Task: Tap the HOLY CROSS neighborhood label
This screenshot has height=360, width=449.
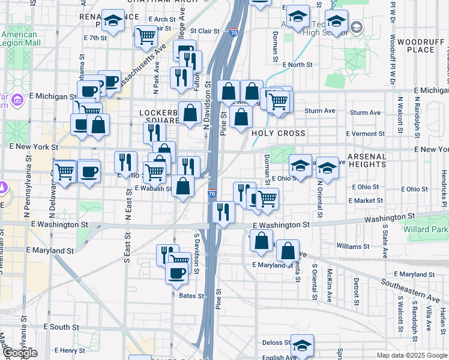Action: tap(279, 133)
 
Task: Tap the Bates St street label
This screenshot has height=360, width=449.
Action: tap(193, 296)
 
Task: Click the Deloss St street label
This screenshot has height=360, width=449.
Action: tap(276, 343)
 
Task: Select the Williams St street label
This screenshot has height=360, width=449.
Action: tap(352, 247)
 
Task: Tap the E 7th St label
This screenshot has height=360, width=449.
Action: tap(95, 37)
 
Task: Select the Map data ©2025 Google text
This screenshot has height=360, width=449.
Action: tap(412, 355)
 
